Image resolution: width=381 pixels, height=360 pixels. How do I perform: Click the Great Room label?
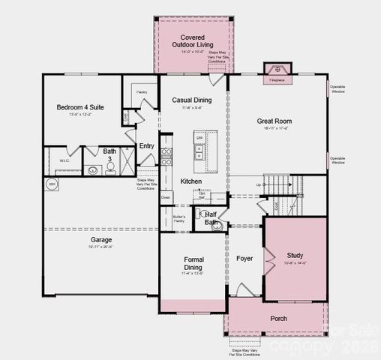274,121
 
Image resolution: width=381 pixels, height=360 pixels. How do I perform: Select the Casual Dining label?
191,100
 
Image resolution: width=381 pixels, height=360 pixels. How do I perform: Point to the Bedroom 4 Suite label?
80,107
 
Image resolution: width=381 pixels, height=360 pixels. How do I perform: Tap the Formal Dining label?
193,264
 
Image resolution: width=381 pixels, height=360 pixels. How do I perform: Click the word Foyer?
244,259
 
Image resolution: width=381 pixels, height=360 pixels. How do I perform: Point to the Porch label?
279,319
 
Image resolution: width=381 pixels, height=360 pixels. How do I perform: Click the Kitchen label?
191,182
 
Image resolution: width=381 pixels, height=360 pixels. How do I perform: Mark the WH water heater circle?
52,184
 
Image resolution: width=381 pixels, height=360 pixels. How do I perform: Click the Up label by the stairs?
259,184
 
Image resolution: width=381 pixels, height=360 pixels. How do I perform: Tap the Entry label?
146,145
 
